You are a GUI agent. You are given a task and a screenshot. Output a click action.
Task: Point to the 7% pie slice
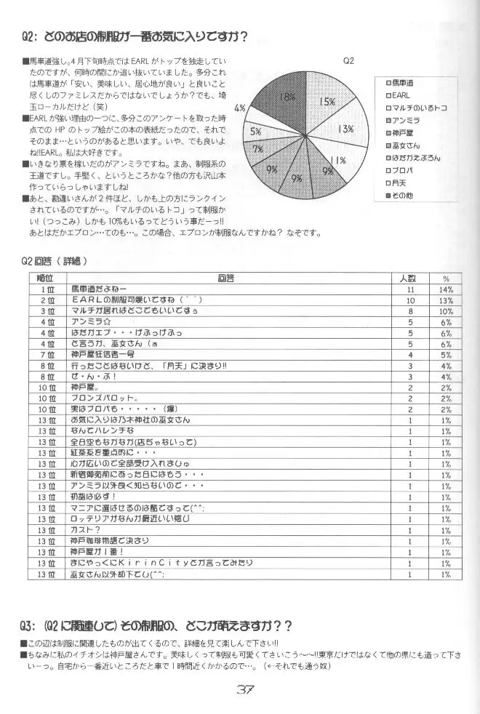259,148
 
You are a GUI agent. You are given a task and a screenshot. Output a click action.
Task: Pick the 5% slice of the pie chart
256,132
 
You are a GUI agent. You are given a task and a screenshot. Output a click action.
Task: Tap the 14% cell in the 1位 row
446,289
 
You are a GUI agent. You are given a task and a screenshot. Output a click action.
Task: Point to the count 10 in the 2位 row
409,300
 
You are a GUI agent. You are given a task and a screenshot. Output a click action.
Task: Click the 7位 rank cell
47,355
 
